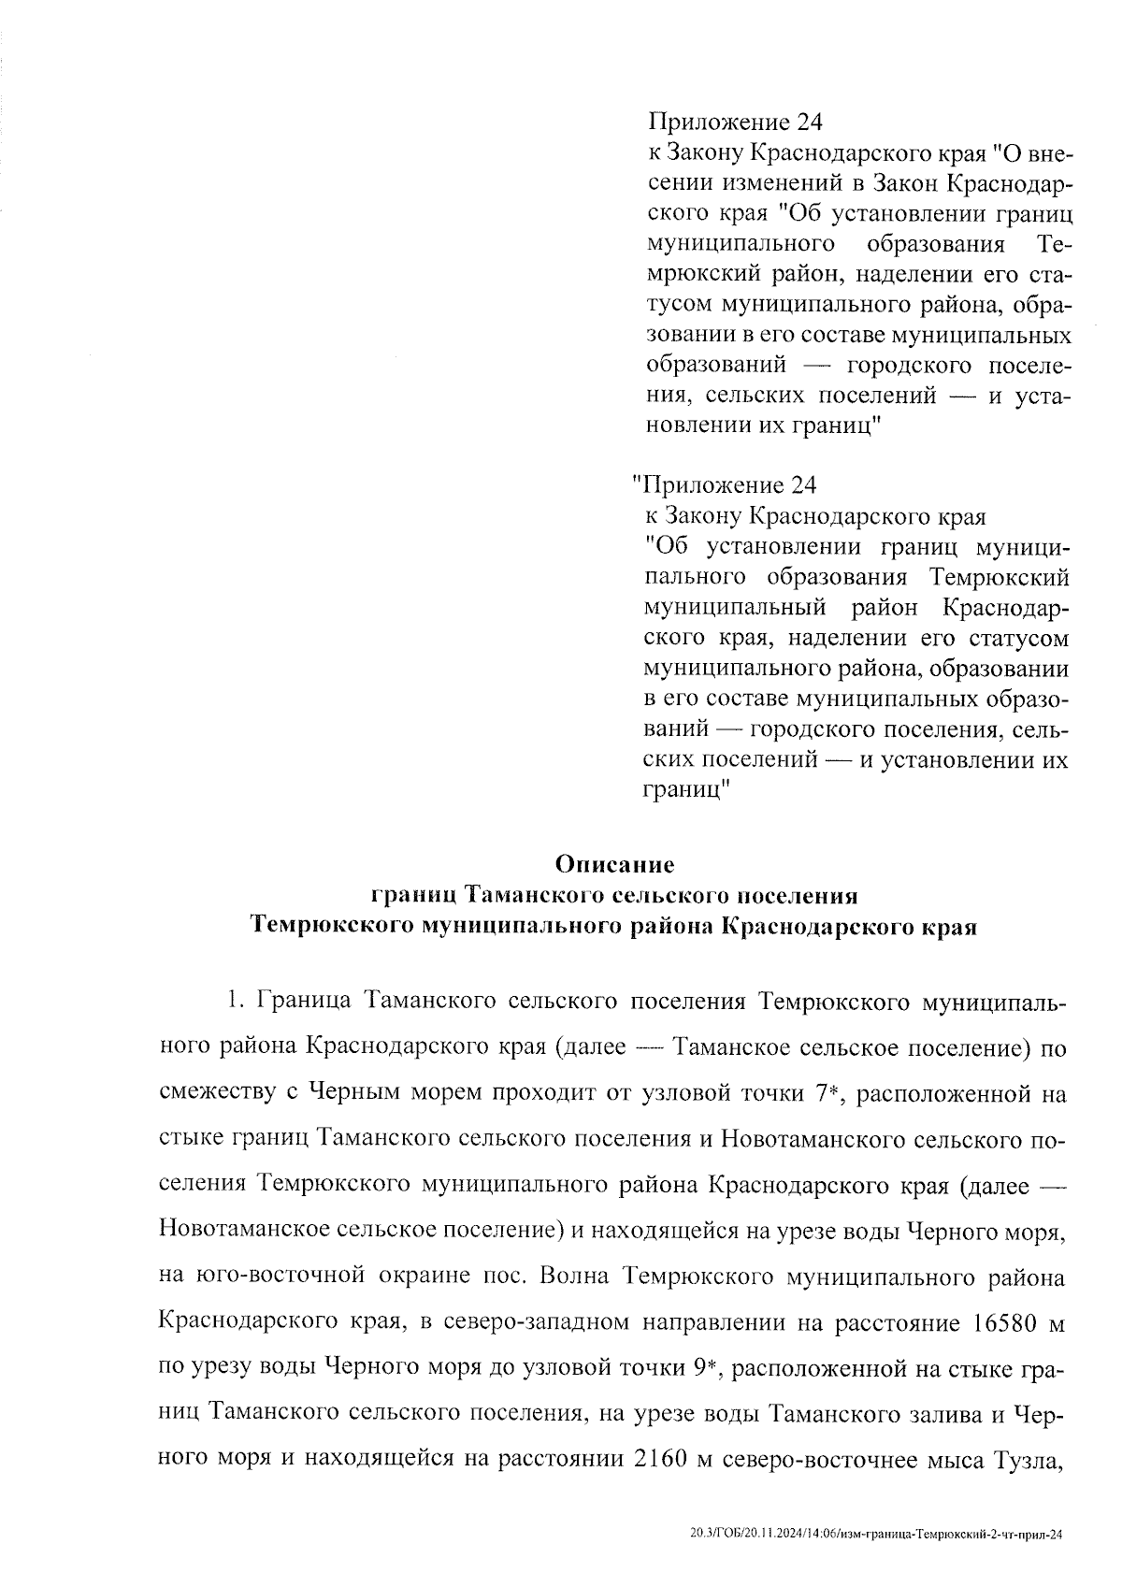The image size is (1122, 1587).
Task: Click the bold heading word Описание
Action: [614, 862]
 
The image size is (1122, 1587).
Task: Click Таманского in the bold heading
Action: [526, 895]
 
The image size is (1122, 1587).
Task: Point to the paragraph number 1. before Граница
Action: [234, 1002]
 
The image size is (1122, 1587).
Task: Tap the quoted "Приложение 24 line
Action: [726, 485]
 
